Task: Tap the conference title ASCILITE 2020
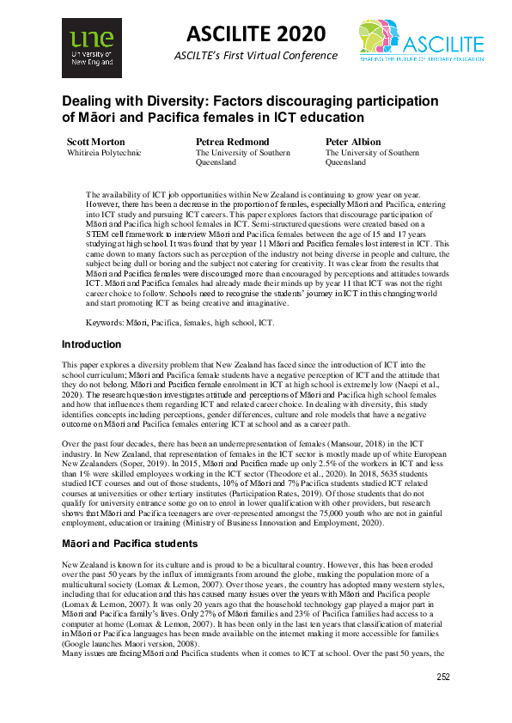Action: point(256,33)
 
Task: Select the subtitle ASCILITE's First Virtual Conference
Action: point(256,56)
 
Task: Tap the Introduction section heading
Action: point(92,344)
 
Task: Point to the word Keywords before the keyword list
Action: point(109,323)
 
